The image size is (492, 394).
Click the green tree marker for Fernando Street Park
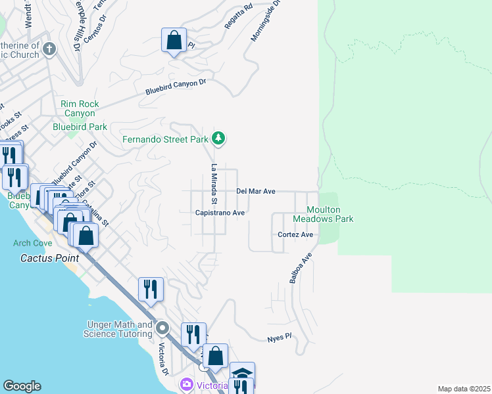(219, 139)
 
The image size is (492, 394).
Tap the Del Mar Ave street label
(255, 191)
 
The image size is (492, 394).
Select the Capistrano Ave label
(220, 213)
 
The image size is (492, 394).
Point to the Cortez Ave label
(295, 234)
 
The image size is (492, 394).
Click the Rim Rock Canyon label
(80, 108)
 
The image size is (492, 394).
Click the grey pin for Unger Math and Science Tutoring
(163, 328)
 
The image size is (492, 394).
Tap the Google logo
(22, 386)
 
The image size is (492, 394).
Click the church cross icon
(50, 49)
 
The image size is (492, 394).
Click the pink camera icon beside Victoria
(187, 385)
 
